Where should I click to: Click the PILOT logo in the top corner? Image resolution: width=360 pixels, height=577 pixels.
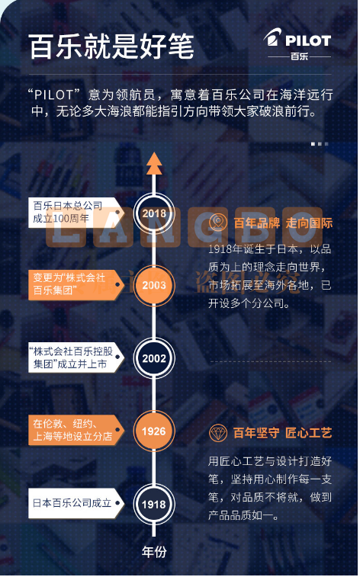pos(297,45)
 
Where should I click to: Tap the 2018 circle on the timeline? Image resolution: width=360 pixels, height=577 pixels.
pos(154,213)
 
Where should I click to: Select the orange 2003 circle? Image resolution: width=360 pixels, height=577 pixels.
pos(154,285)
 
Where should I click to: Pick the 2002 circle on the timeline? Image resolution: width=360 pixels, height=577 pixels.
pos(154,358)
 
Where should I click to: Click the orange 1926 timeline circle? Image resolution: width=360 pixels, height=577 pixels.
pos(154,431)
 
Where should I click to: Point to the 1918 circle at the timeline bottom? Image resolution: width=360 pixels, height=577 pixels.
pos(154,504)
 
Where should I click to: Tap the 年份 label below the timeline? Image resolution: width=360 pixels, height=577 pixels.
pos(154,552)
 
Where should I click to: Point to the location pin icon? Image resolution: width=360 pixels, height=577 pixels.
pos(218,223)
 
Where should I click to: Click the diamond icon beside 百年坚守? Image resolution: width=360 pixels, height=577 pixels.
pos(218,433)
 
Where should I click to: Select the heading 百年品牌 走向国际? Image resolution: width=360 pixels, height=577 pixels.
pos(283,223)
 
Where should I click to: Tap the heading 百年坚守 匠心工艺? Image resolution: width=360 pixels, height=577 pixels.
pos(283,433)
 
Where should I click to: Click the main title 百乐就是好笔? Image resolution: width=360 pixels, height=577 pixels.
pos(111,47)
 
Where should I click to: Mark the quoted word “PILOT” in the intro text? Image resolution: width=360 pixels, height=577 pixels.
pos(54,95)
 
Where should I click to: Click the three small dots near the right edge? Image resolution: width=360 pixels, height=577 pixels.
pos(320,144)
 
